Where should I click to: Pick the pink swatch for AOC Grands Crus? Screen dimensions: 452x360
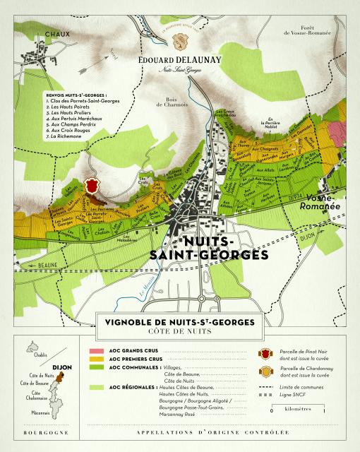[x=97, y=350]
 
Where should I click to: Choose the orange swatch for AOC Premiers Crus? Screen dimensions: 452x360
[x=97, y=359]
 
